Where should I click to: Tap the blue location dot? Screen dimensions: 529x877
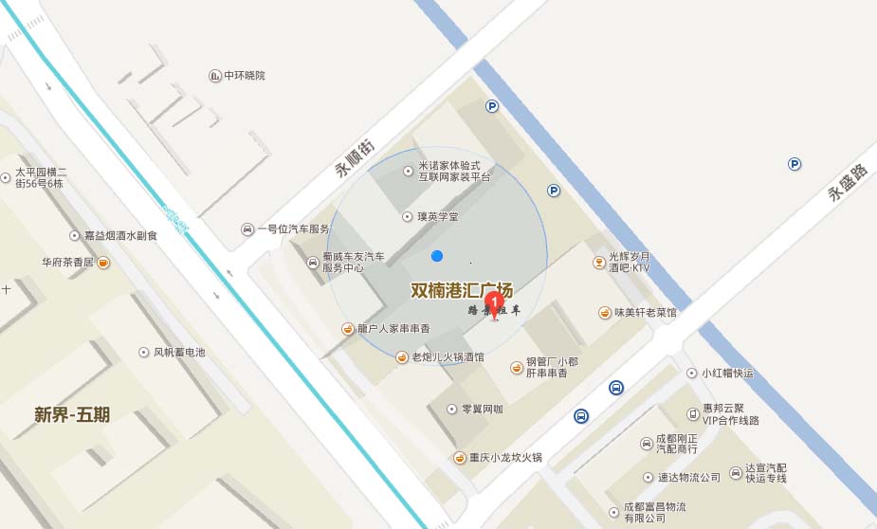point(436,256)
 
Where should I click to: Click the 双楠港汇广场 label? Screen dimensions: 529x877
point(462,290)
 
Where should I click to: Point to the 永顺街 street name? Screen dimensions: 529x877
point(355,158)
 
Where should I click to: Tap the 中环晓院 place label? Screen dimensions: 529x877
point(245,76)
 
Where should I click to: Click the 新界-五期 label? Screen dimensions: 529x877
point(72,414)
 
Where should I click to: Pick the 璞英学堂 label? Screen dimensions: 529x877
point(437,217)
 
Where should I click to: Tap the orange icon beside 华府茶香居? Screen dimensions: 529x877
point(102,263)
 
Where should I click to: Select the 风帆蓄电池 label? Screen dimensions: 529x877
point(179,353)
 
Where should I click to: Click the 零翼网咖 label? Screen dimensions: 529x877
point(482,410)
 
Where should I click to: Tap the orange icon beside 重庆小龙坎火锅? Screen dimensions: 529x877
point(460,458)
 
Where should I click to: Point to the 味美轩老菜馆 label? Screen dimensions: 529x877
point(645,312)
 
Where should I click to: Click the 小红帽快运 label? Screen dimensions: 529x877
point(727,374)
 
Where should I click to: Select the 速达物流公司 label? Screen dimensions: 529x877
point(689,477)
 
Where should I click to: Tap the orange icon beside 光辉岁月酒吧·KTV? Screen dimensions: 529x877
point(598,262)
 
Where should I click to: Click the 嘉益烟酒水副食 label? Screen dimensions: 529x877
point(119,235)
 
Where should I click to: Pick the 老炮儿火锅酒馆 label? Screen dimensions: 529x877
point(447,357)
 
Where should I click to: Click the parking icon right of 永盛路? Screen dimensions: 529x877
point(795,164)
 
